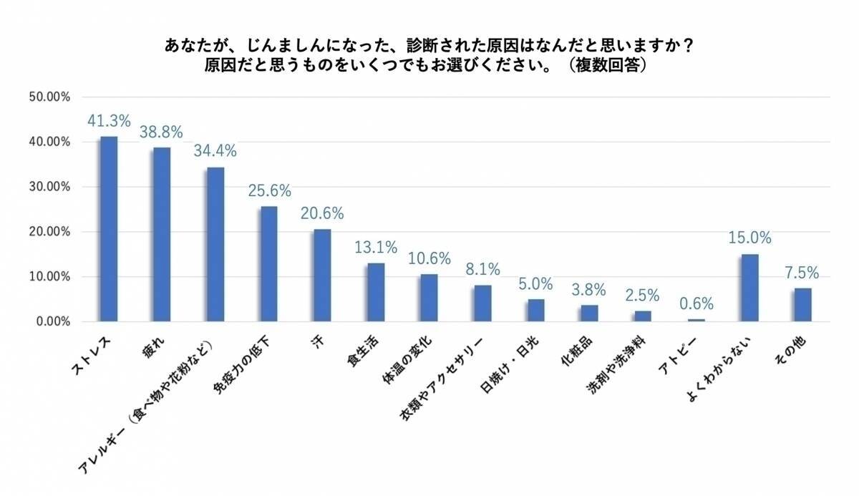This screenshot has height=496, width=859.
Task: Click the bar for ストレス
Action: (109, 229)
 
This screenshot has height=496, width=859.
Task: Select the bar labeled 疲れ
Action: (162, 235)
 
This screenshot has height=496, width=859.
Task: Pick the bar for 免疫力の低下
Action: (269, 264)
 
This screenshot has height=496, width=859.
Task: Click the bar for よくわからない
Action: (750, 288)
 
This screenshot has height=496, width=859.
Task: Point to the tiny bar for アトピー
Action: (697, 320)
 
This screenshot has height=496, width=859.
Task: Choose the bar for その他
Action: (803, 305)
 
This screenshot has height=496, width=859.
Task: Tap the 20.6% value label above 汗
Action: (322, 213)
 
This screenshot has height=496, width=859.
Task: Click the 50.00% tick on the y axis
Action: (49, 97)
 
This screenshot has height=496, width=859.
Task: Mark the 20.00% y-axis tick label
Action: (49, 232)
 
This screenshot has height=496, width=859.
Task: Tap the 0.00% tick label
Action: (52, 322)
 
